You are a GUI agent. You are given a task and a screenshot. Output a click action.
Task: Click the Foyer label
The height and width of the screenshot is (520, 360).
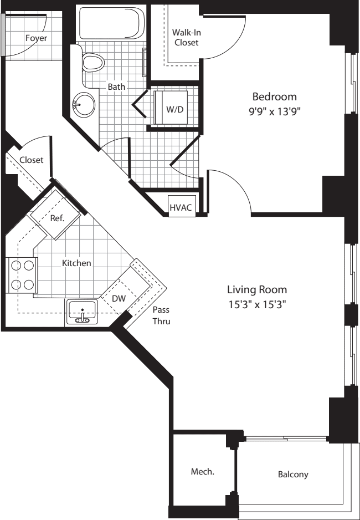(36, 38)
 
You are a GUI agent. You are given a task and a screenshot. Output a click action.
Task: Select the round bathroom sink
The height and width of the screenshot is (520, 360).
(84, 103)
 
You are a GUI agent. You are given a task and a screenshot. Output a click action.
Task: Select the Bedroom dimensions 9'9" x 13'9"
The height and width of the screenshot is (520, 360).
(275, 110)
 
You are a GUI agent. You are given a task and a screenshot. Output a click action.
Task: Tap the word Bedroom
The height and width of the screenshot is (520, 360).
(275, 96)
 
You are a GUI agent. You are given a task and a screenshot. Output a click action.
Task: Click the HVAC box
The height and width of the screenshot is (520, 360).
(181, 207)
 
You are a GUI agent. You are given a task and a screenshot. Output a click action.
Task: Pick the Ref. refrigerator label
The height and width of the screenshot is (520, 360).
(58, 218)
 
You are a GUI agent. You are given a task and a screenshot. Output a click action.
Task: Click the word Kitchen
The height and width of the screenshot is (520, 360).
(76, 263)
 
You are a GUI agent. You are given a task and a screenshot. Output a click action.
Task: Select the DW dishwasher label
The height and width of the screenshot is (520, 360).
(119, 298)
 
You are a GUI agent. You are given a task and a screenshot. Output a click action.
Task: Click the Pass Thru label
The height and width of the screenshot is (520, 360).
(161, 315)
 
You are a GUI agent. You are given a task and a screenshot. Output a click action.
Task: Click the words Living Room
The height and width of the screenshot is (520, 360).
(257, 289)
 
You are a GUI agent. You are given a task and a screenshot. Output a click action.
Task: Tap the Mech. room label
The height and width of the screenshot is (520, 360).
(202, 472)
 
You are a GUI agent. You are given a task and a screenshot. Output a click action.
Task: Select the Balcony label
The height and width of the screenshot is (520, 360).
(293, 475)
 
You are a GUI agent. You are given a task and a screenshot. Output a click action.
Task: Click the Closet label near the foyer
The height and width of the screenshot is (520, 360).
(31, 160)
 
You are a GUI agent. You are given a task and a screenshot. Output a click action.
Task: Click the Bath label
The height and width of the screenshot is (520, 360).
(116, 86)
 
